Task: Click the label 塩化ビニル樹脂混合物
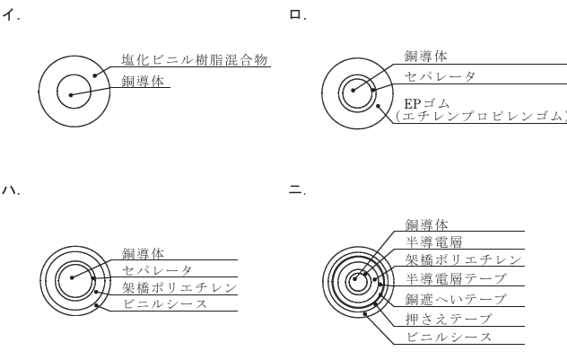pos(196,59)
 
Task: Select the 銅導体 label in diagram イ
pos(144,81)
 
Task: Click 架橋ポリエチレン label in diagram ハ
pos(179,287)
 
